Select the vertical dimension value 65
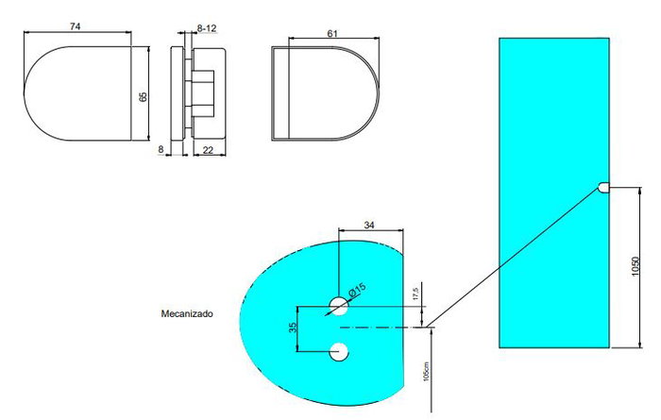click(x=143, y=96)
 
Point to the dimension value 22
click(x=206, y=150)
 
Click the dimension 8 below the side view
click(x=161, y=150)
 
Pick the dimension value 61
click(x=332, y=33)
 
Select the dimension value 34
click(x=371, y=225)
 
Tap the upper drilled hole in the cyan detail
click(x=338, y=305)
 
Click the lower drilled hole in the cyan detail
click(x=338, y=351)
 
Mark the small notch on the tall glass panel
click(x=603, y=188)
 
